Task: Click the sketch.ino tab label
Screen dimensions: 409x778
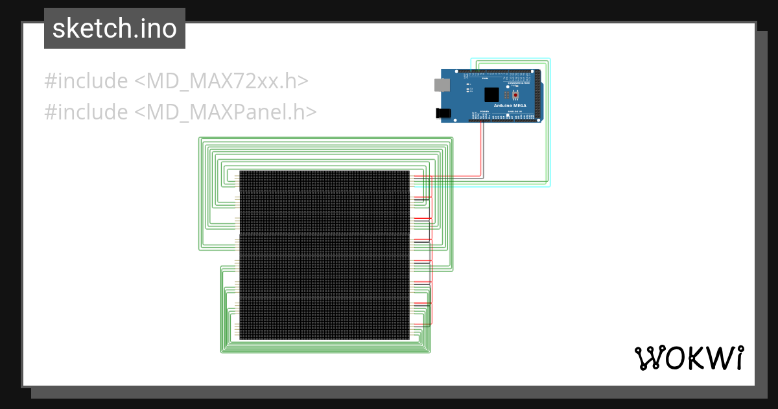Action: coord(114,29)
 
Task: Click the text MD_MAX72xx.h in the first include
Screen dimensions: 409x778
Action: coord(221,82)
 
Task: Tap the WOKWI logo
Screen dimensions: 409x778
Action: coord(689,358)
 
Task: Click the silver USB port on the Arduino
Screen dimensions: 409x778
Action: coord(442,84)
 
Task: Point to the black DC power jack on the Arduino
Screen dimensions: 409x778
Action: coord(443,113)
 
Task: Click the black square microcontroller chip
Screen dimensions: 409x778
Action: coord(492,94)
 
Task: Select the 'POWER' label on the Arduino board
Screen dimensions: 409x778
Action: coord(484,112)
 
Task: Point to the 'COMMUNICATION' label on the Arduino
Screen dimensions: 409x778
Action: coord(518,82)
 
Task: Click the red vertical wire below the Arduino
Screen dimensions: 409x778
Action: coord(481,149)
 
